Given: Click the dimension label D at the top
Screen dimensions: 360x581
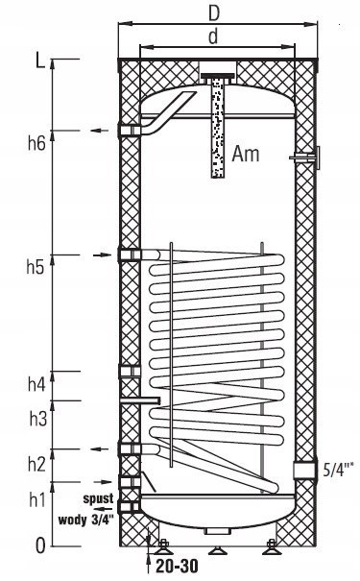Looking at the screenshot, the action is [x=214, y=13].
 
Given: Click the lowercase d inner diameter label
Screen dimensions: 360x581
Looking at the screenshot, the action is [x=213, y=36].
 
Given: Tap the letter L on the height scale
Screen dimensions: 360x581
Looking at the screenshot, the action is [x=40, y=60].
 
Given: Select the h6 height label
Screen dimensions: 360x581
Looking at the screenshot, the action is [x=36, y=143].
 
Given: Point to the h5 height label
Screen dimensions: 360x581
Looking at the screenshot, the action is [x=36, y=267].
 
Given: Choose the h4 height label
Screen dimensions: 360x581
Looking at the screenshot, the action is [x=36, y=384].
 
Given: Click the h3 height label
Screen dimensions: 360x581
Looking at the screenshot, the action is [x=38, y=419].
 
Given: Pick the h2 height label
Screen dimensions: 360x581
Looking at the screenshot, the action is [x=36, y=464].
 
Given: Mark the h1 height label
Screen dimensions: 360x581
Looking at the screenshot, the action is [x=37, y=499].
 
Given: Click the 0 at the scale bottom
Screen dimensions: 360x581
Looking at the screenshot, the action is [x=40, y=545].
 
